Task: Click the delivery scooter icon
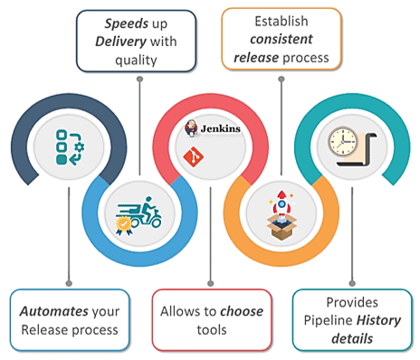pyautogui.click(x=140, y=217)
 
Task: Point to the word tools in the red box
pyautogui.click(x=209, y=329)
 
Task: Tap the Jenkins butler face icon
pyautogui.click(x=192, y=128)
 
